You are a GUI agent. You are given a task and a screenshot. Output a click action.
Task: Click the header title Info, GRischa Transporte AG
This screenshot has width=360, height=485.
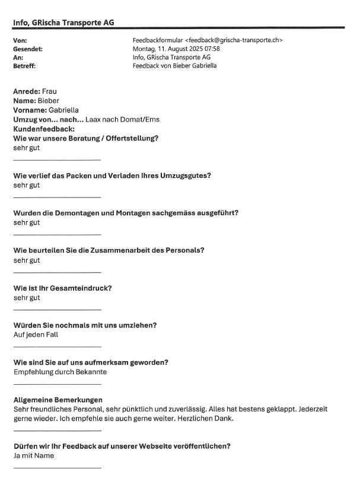coord(63,23)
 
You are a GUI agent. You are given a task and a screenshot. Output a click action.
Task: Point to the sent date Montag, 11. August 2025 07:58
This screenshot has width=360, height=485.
coord(176,49)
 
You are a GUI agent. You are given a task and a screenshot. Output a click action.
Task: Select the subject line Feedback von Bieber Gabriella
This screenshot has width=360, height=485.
coord(175,66)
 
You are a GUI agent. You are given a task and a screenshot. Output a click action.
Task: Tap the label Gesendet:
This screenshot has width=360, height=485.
coord(28,49)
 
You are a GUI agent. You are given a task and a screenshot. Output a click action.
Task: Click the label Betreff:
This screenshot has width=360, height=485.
coord(24,66)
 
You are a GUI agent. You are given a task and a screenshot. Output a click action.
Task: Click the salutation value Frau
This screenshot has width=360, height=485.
coord(50,92)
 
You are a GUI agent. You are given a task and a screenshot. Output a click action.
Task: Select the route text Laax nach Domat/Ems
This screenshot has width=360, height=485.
coord(122,119)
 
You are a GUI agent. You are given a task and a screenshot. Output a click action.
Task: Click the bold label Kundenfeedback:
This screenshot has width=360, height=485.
coord(43,129)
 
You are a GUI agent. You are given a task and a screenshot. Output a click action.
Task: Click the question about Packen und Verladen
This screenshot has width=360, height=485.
coord(112,176)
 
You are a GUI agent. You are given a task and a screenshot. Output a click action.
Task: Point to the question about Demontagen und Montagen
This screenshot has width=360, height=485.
coord(126,213)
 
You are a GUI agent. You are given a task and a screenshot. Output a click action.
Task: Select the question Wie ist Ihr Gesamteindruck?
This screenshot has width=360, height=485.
coord(62,288)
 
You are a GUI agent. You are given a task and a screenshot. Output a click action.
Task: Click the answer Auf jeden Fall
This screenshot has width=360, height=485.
coord(35,335)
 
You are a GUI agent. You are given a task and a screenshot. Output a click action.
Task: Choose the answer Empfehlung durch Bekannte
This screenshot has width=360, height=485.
coord(60,372)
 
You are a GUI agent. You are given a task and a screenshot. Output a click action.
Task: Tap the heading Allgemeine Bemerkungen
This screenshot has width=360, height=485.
coord(58,400)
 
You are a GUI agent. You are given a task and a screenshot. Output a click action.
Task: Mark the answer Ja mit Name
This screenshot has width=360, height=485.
coord(34,456)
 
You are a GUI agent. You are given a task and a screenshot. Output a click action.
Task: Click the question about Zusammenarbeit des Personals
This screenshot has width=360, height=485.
coord(109,250)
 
